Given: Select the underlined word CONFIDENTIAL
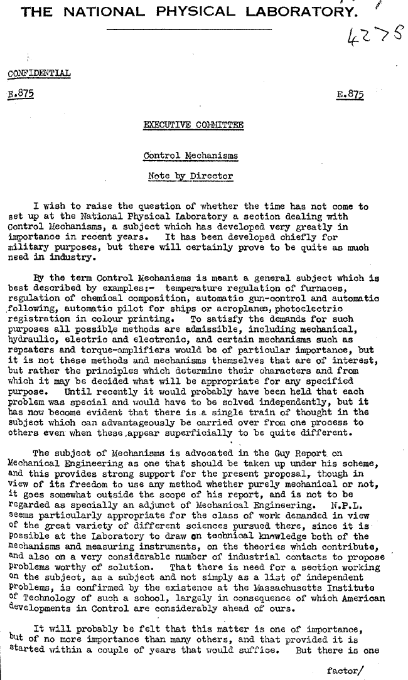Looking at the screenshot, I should click(x=39, y=75).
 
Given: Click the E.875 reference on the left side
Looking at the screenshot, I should click(x=21, y=95).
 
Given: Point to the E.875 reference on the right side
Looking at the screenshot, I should click(x=350, y=96).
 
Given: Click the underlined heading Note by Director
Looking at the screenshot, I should click(x=190, y=176).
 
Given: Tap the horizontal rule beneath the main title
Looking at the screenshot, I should click(x=189, y=29).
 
